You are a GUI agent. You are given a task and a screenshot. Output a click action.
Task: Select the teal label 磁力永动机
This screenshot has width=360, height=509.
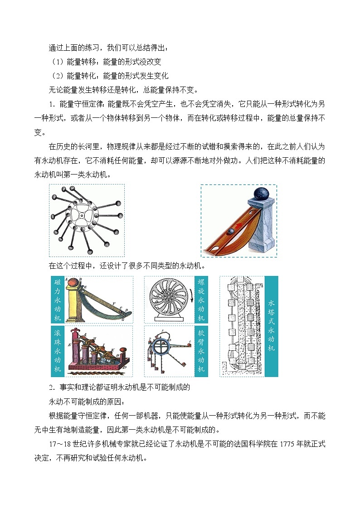pos(59,300)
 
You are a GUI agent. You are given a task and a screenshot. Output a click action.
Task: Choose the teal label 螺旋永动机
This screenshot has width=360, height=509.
pos(201,300)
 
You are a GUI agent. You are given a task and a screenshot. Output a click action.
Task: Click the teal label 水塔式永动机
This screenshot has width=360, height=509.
pos(271,326)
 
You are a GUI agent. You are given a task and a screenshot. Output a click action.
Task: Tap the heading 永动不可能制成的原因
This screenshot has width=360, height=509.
pos(86,401)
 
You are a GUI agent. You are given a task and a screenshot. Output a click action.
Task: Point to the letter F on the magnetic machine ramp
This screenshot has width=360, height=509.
pos(113,302)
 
